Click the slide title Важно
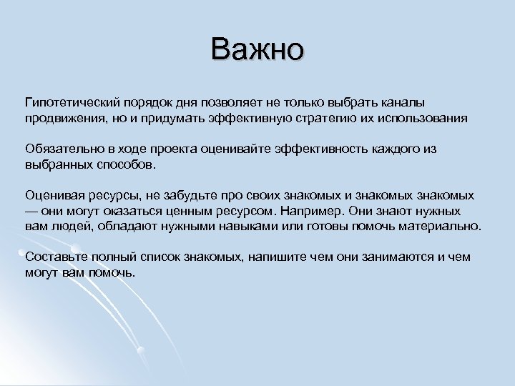pos(257,49)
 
